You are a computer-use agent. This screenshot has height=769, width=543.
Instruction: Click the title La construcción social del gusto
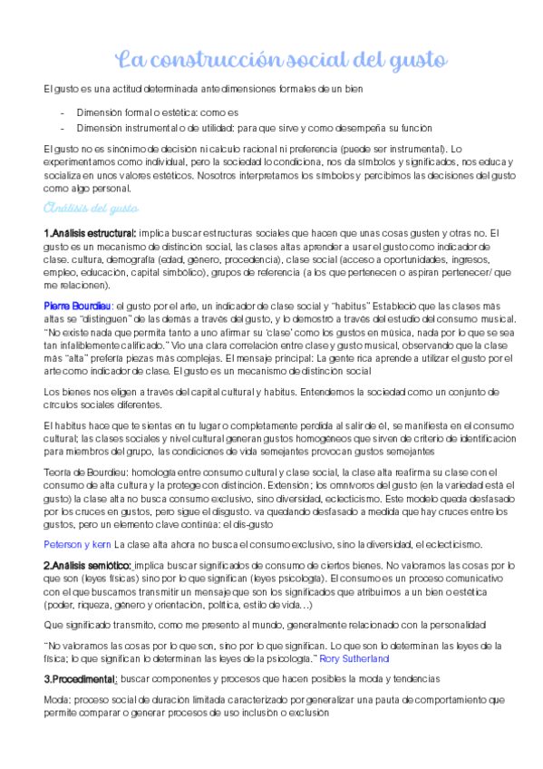tap(281, 61)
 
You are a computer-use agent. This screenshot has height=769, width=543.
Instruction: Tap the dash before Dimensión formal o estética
tap(61, 112)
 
